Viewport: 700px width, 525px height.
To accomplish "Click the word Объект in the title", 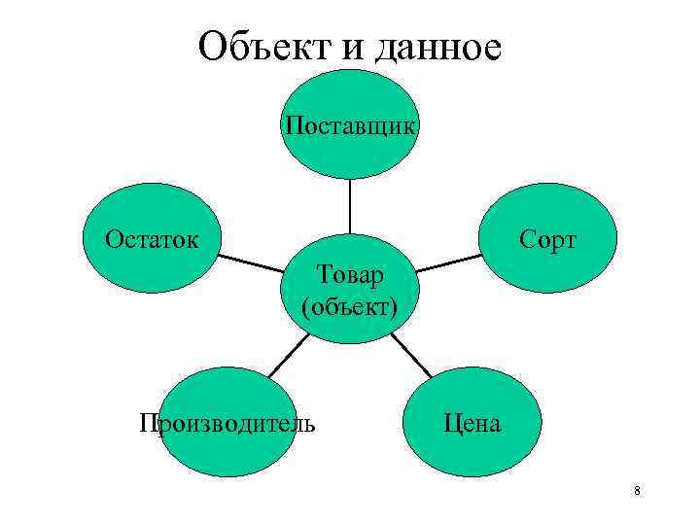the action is point(261,46).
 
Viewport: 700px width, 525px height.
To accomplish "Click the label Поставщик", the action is point(350,126).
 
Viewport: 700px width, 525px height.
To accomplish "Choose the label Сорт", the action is point(548,239).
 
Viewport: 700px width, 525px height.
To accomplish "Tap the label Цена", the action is point(472,423).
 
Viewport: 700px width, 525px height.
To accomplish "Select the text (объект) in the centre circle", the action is point(350,307).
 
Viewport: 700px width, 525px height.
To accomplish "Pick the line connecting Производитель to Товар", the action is point(287,356).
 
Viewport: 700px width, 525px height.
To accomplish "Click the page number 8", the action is point(636,491).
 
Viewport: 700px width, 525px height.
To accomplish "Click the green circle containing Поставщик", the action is point(350,156).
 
